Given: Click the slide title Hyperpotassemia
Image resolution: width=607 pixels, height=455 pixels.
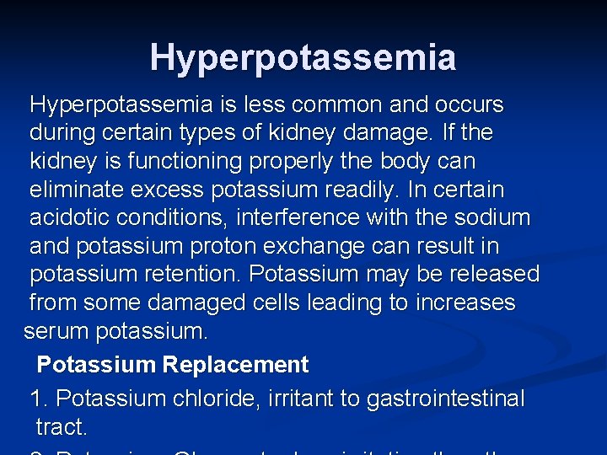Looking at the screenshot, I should point(303,57).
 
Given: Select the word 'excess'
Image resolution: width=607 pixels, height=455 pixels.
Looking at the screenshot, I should point(173,190).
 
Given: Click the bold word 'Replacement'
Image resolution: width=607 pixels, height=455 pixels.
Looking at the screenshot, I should point(236,365).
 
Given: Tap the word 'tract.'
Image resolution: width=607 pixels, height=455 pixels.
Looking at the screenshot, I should point(62,427).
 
